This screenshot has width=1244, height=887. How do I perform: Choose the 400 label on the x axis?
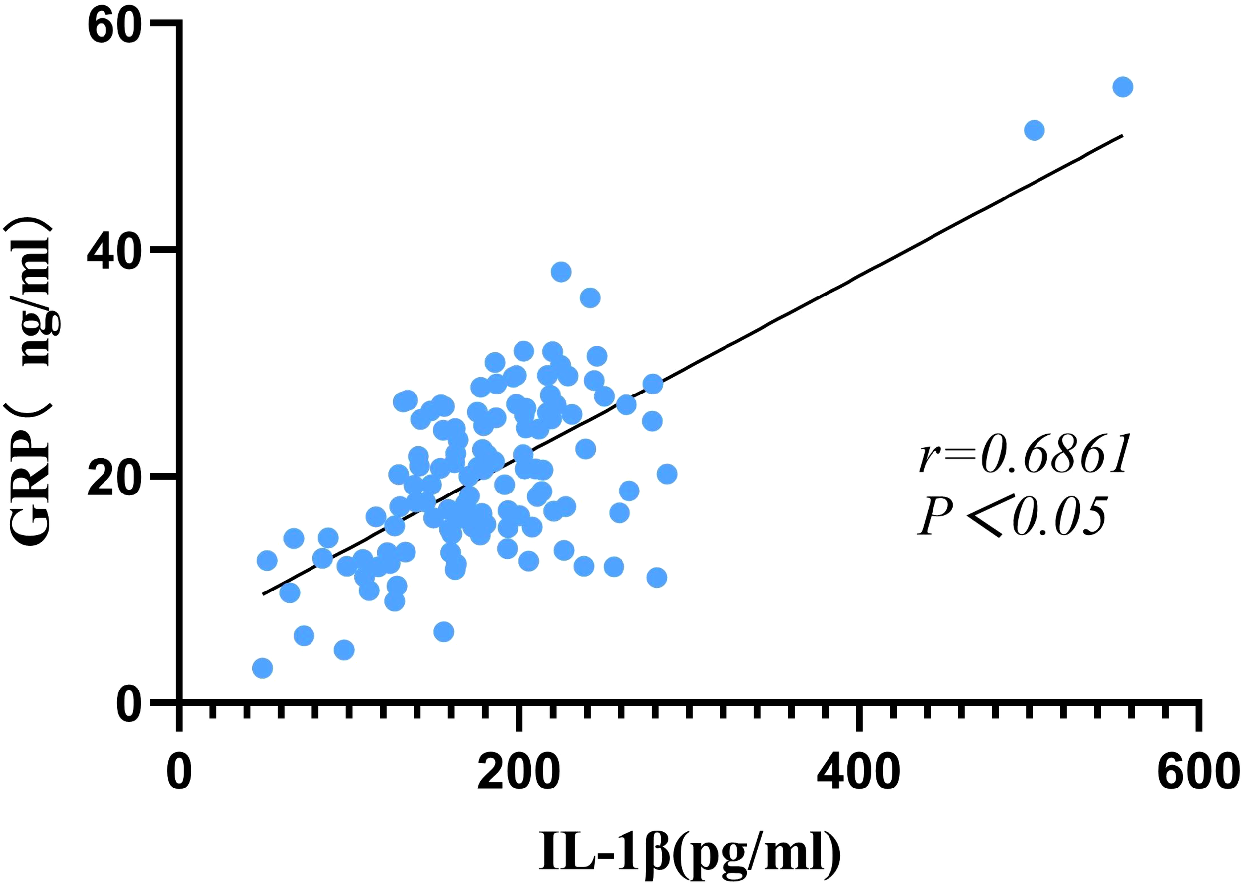point(858,772)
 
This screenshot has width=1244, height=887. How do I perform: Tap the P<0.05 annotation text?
point(1012,516)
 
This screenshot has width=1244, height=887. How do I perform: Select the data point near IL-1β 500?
point(1034,130)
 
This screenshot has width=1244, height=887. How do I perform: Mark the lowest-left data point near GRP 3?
point(262,668)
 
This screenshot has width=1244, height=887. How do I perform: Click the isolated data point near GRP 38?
point(560,272)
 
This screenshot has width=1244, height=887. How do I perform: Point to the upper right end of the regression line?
point(1122,135)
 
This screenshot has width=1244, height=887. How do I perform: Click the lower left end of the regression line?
point(263,593)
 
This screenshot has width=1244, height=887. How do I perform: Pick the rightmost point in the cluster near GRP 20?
point(666,474)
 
